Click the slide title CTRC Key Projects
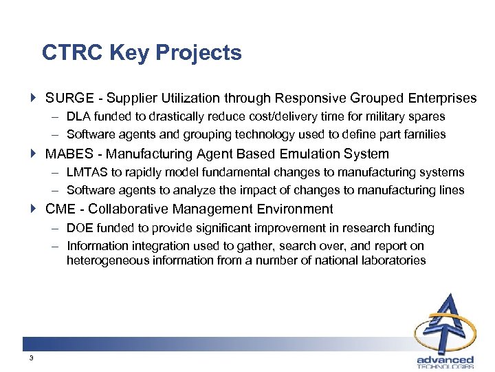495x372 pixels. [142, 53]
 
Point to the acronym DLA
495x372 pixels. [78, 117]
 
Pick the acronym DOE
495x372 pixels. [80, 227]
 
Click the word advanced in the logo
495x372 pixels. [445, 359]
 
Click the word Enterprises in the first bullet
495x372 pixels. [441, 99]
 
